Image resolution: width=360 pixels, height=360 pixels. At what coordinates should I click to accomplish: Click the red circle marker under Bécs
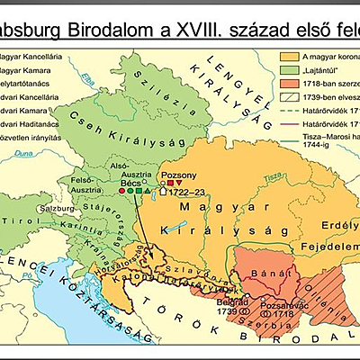coord(122,192)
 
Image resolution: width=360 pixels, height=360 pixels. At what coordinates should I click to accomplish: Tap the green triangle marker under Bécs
coord(147,192)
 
